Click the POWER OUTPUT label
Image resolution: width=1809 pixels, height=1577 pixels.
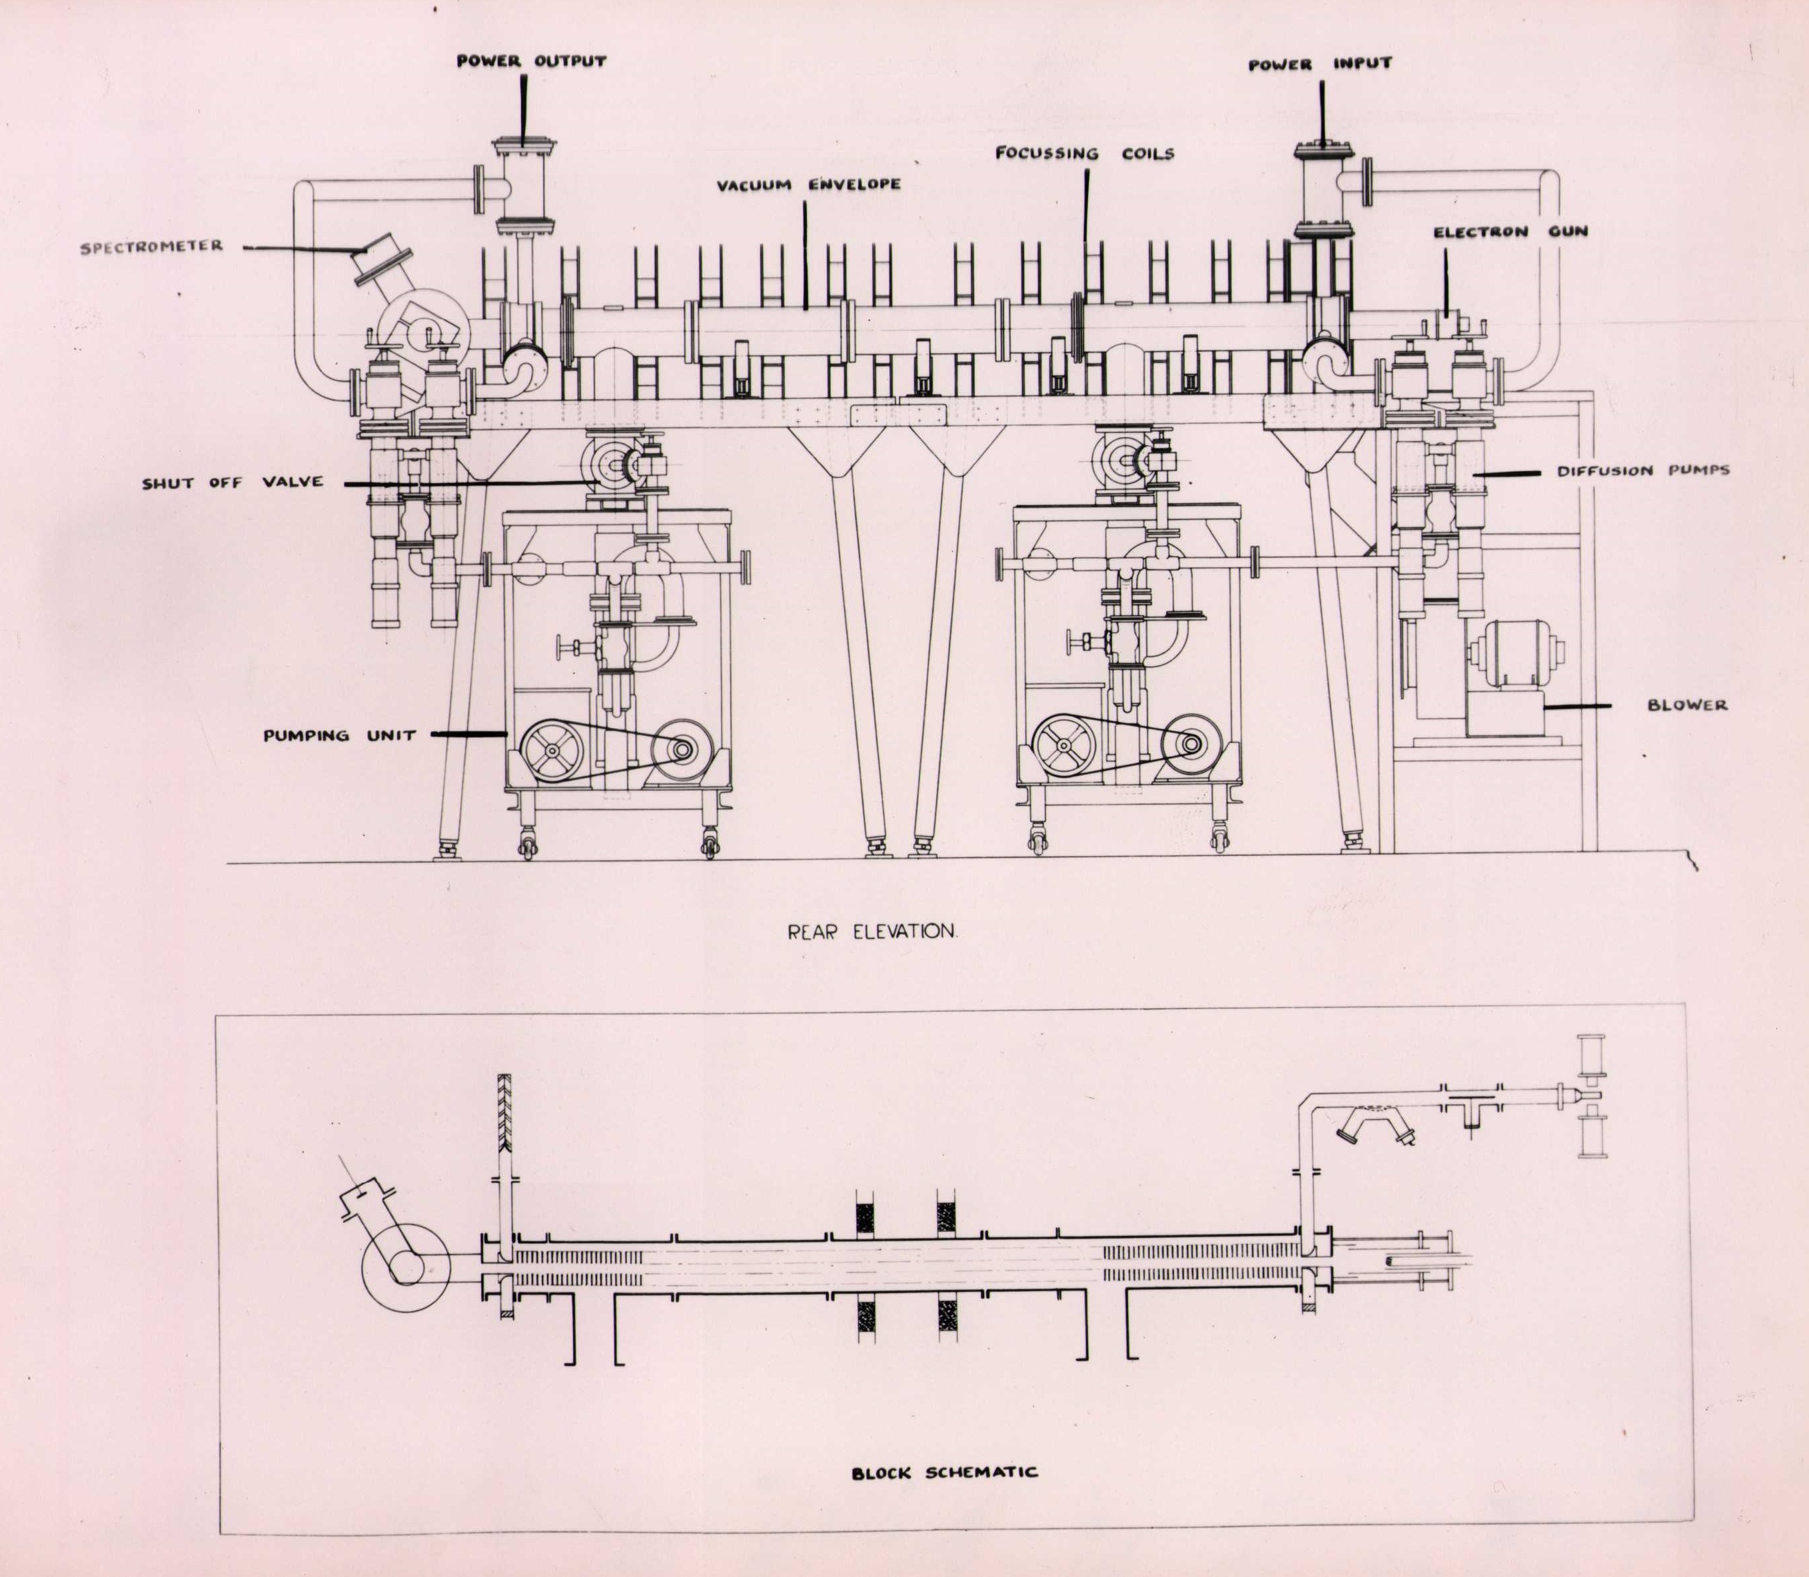click(x=530, y=61)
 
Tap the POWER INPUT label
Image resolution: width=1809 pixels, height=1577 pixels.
click(x=1320, y=64)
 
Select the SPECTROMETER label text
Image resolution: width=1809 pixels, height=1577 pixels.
click(x=151, y=247)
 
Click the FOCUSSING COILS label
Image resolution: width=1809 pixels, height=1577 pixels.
click(x=1084, y=153)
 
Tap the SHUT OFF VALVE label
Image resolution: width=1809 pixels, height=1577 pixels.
click(x=233, y=482)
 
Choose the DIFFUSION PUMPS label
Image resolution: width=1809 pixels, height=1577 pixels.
click(x=1642, y=471)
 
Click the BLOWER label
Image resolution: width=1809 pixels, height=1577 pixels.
click(x=1686, y=705)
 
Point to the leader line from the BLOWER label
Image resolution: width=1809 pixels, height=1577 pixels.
click(x=1578, y=705)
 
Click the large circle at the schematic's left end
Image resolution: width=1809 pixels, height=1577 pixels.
click(x=406, y=1265)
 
